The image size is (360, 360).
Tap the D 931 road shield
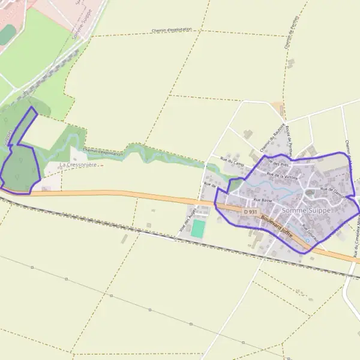[251, 212]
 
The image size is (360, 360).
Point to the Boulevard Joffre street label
[277, 227]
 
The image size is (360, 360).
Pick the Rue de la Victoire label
[282, 176]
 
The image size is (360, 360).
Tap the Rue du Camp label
[233, 162]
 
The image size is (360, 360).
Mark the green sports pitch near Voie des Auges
[198, 228]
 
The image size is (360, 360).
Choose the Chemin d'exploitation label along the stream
[103, 152]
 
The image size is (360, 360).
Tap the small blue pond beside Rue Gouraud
[308, 240]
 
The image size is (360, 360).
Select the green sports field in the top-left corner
[7, 34]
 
